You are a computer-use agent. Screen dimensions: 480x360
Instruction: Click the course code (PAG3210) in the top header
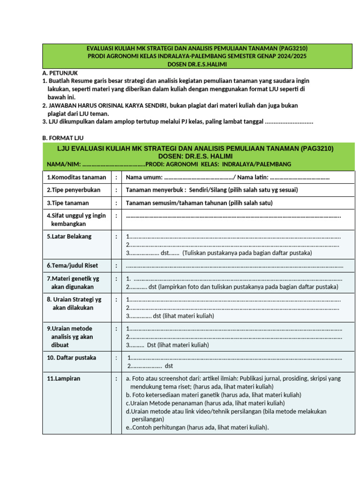[x=292, y=48]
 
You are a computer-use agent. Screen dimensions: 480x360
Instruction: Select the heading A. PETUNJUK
[x=60, y=73]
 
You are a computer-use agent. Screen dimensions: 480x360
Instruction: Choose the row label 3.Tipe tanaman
[x=67, y=203]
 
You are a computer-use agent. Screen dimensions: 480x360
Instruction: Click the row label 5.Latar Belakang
[x=69, y=236]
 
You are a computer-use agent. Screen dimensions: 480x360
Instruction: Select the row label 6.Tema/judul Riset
[x=72, y=265]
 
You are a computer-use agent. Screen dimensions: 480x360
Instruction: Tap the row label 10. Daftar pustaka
[x=71, y=358]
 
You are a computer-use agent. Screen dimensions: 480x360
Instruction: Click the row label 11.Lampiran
[x=63, y=378]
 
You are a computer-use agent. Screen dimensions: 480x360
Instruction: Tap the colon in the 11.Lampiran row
[x=116, y=378]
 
